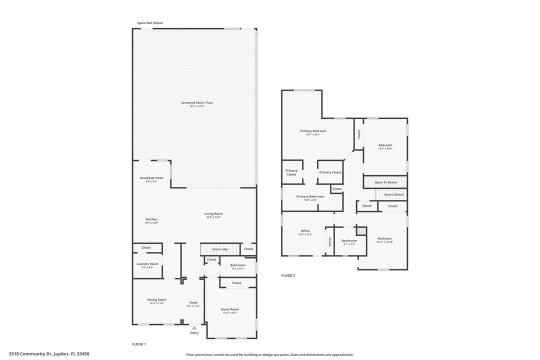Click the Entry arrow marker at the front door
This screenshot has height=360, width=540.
click(x=194, y=327)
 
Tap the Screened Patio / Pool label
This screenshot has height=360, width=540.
click(x=197, y=103)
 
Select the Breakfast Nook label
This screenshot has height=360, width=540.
click(x=151, y=178)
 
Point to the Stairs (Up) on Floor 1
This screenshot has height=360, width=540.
click(x=220, y=249)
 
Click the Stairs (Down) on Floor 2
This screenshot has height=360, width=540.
click(x=393, y=194)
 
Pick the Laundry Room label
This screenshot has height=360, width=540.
click(x=147, y=264)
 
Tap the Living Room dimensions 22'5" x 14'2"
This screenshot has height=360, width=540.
click(x=213, y=217)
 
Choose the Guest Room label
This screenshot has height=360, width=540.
click(x=230, y=309)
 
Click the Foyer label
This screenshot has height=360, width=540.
click(x=193, y=302)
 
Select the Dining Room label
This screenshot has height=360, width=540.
click(x=156, y=300)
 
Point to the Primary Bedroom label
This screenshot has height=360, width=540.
click(x=313, y=131)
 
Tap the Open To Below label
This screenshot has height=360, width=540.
click(x=385, y=182)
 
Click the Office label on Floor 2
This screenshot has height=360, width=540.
click(x=305, y=231)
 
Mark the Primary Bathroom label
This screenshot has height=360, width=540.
click(x=310, y=196)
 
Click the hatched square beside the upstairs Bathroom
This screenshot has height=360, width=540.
click(x=361, y=231)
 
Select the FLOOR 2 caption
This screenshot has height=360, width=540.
click(x=288, y=275)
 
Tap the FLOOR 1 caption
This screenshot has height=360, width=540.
click(x=139, y=344)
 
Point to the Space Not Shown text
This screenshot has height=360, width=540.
click(x=150, y=23)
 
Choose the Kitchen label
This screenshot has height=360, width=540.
click(x=151, y=219)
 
